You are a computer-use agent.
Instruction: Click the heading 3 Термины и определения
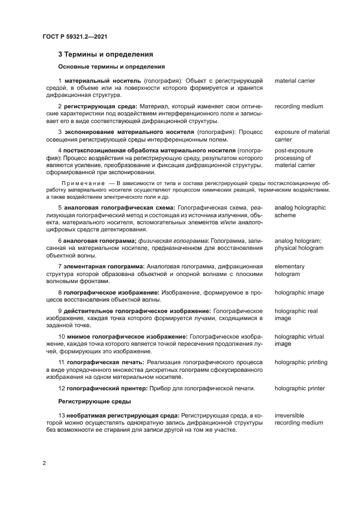click(x=105, y=54)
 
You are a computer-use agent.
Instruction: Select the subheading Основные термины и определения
click(x=111, y=67)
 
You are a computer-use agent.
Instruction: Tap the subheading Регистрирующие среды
click(x=94, y=401)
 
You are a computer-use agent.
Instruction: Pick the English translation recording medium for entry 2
click(x=299, y=107)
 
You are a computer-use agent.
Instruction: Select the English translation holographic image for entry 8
click(x=299, y=292)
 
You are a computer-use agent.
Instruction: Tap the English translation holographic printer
click(x=300, y=388)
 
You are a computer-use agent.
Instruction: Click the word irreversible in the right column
click(x=289, y=415)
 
